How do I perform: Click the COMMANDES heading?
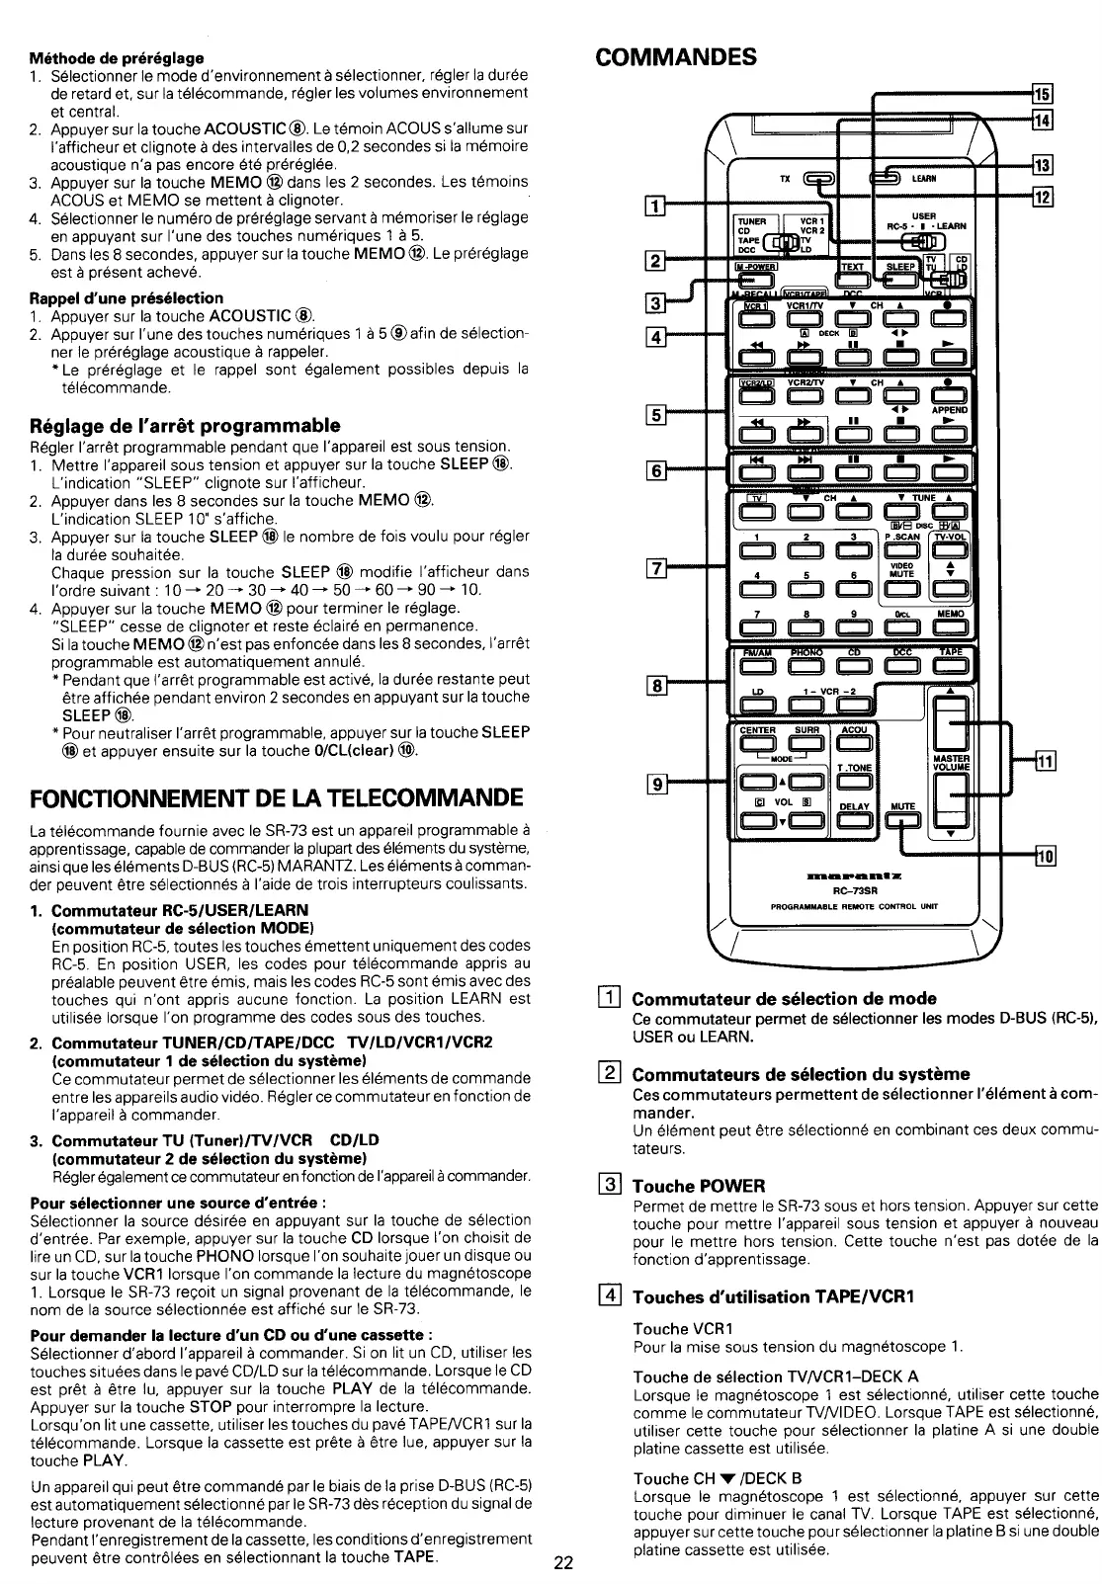point(677,55)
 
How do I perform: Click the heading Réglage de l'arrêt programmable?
point(184,426)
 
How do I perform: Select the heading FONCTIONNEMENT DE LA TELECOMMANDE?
point(277,796)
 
